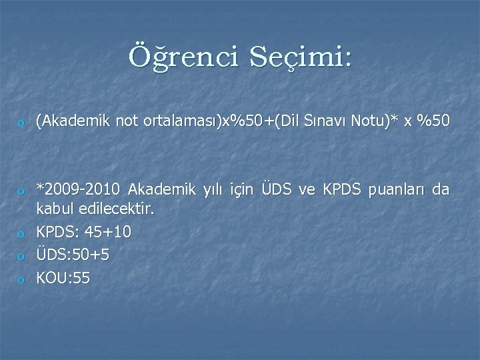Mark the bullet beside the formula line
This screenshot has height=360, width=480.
21,123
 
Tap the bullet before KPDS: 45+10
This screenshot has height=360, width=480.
21,234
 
